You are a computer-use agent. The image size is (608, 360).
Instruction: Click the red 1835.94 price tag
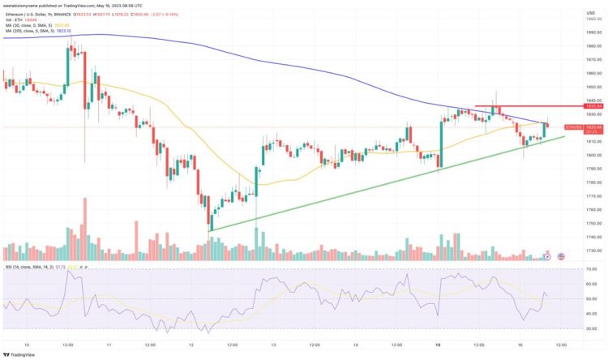coord(574,106)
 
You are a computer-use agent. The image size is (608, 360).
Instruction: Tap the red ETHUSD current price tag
coord(574,127)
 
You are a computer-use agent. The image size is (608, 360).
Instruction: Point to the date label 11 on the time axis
coord(108,344)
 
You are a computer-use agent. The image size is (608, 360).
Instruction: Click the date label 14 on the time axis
coord(355,344)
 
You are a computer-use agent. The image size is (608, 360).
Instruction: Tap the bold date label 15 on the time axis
coord(438,344)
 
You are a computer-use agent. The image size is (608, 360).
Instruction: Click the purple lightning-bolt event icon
coord(547,256)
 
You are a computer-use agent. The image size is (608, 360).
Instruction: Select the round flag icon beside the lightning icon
coord(556,256)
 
